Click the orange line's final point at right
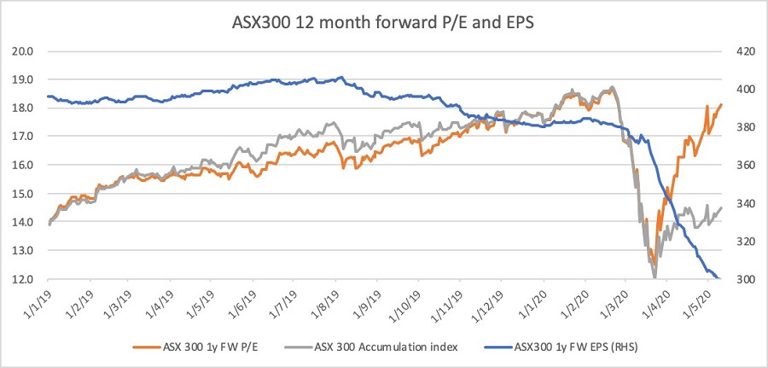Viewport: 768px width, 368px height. point(721,105)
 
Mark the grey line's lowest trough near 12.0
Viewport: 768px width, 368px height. point(655,276)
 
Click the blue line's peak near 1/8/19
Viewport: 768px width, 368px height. point(340,77)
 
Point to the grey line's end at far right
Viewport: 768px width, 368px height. point(722,207)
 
